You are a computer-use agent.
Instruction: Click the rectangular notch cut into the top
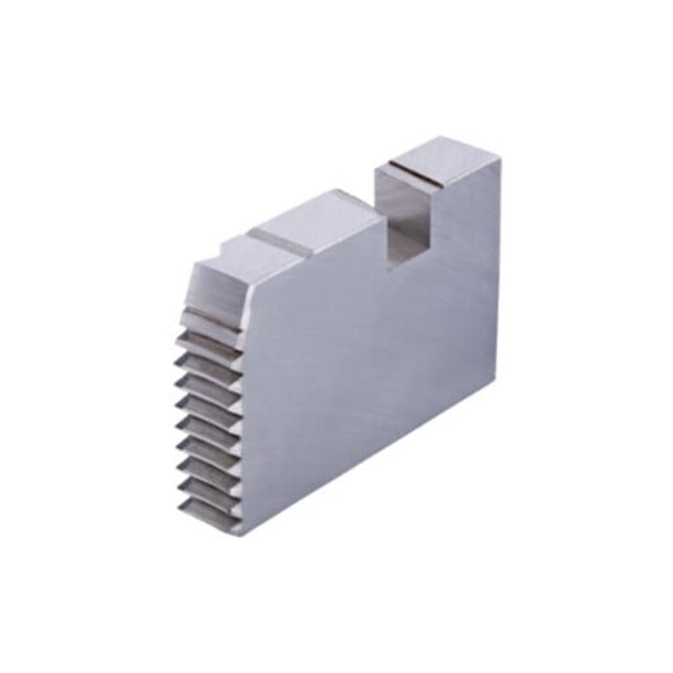tap(402, 215)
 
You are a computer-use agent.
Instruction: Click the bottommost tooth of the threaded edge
tap(206, 516)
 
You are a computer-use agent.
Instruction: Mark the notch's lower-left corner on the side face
tap(389, 269)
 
